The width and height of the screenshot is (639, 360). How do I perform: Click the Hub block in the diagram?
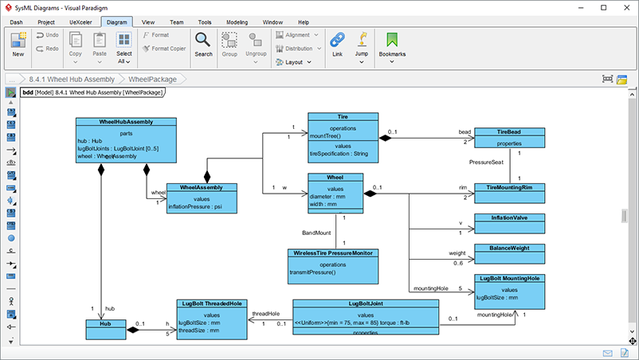click(106, 325)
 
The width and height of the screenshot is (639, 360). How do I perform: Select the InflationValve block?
click(510, 217)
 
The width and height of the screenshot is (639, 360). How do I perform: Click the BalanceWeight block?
click(510, 248)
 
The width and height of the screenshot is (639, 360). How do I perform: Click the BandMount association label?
click(318, 233)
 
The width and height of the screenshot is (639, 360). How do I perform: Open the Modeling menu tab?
click(236, 22)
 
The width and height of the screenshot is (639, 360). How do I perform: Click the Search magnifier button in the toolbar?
click(203, 44)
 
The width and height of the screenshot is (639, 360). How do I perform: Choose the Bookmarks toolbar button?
click(392, 44)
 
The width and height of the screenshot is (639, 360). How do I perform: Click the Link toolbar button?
click(337, 44)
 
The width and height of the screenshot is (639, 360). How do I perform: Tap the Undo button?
click(47, 36)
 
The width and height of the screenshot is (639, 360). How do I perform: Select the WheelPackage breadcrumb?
click(152, 79)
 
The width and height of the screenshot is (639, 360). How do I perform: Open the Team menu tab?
click(177, 22)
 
